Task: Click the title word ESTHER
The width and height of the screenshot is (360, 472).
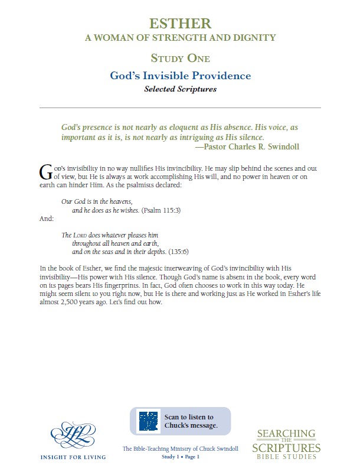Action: point(180,24)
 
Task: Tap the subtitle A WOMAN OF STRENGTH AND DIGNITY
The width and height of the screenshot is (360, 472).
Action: point(180,38)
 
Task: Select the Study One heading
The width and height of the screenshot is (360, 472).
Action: point(180,58)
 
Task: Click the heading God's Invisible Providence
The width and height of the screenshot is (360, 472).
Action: point(180,76)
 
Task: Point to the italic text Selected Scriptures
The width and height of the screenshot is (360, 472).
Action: point(180,90)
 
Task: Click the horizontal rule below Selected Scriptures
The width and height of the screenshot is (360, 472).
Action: point(180,108)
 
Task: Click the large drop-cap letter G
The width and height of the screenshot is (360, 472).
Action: point(45,171)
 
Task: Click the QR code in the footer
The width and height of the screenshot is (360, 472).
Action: point(148,421)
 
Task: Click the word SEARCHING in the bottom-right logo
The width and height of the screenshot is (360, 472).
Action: point(289,434)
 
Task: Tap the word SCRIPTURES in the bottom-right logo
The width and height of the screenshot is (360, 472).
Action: point(289,448)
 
